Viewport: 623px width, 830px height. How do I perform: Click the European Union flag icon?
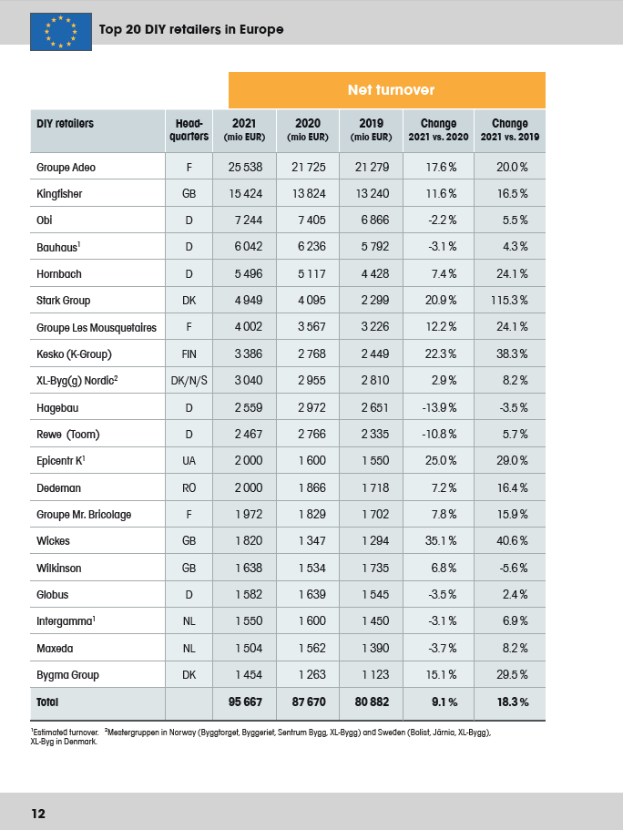61,32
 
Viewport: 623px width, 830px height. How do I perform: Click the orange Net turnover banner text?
391,90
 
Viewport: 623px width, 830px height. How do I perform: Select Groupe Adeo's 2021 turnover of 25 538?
245,168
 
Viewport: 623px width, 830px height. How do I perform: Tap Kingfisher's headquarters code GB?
189,194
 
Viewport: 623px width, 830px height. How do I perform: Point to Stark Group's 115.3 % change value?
509,300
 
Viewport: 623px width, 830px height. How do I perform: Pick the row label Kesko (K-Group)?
74,354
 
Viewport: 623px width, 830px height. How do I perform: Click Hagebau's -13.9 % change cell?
439,407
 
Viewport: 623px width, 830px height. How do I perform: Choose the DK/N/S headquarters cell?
189,381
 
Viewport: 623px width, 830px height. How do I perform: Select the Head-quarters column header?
189,129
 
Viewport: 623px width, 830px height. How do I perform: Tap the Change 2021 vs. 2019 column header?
510,129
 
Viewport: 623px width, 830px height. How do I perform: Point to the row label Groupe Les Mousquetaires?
97,328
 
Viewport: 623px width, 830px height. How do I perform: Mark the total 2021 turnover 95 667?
245,702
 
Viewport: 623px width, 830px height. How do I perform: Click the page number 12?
38,814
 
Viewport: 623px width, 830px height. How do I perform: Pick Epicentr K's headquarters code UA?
189,461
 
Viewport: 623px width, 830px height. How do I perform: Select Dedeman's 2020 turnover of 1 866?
311,487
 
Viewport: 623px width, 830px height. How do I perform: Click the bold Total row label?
47,702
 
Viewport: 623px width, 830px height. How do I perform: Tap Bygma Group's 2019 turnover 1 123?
375,675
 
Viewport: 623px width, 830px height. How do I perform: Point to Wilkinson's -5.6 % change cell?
514,568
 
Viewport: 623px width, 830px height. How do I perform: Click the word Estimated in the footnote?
49,733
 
